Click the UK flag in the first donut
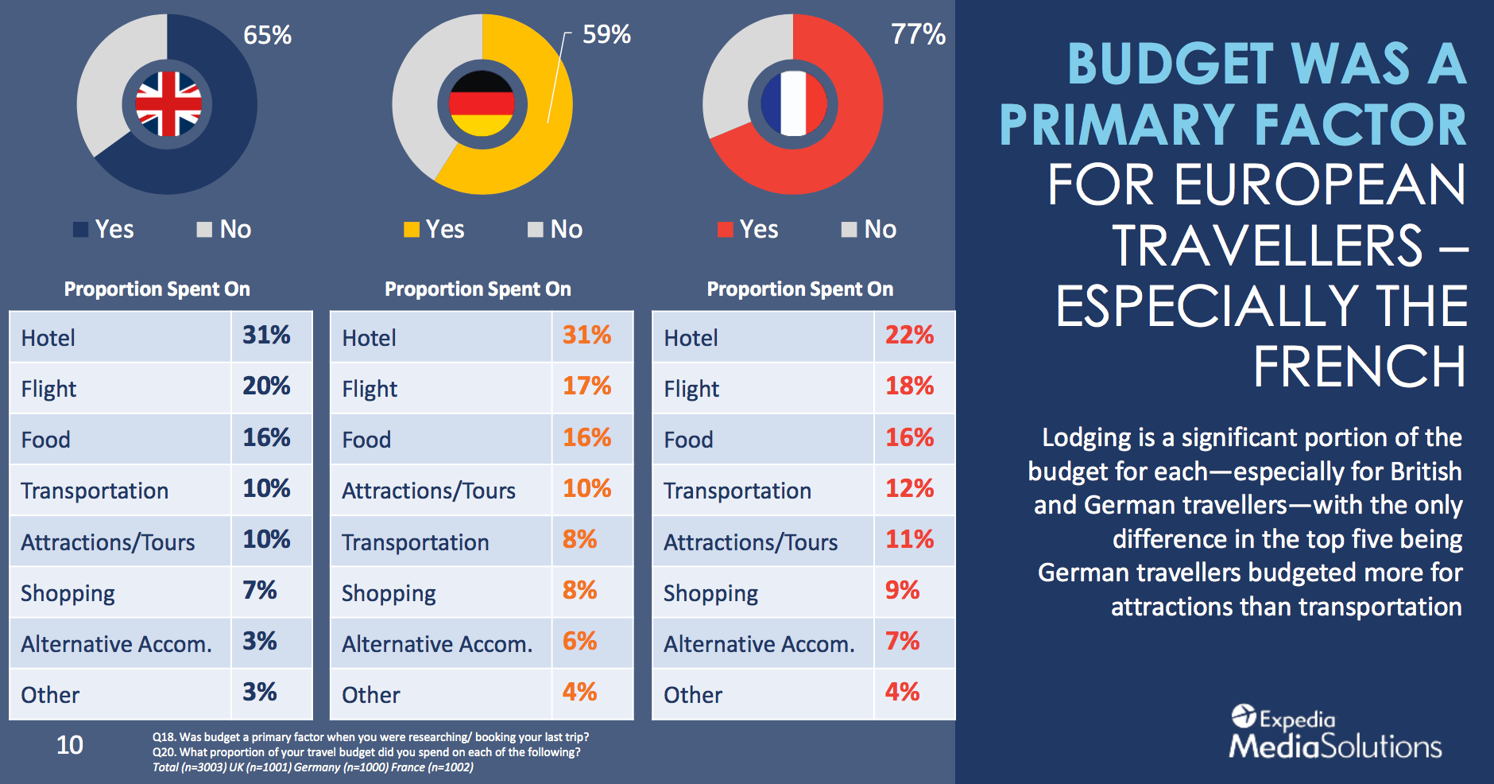(x=168, y=104)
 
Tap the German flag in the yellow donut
(x=482, y=104)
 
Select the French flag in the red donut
(x=793, y=104)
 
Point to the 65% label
(x=267, y=35)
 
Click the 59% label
(x=606, y=34)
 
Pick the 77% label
(x=918, y=34)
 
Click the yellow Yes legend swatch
(x=412, y=230)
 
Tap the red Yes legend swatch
(x=725, y=230)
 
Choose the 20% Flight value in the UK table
(x=266, y=386)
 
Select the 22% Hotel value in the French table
(x=909, y=335)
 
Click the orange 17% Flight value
(x=586, y=386)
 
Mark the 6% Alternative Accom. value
(x=579, y=642)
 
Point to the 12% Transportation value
(x=909, y=488)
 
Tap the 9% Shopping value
(x=902, y=591)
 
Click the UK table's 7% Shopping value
(x=259, y=591)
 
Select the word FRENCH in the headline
(x=1359, y=367)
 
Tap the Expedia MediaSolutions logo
(x=1335, y=732)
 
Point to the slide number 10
(x=70, y=745)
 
